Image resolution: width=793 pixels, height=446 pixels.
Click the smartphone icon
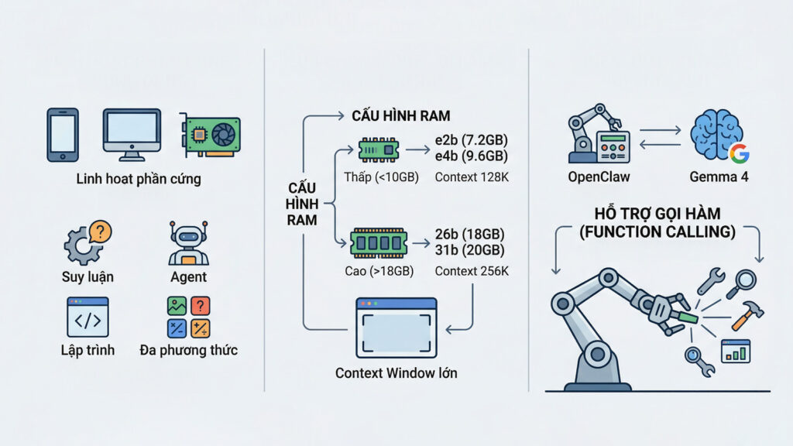click(63, 135)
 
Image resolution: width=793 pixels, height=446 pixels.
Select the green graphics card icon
click(211, 135)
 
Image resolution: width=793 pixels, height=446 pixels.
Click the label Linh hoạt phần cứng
click(139, 179)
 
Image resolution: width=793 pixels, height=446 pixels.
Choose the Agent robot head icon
click(188, 243)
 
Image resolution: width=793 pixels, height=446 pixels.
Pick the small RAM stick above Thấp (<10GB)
click(379, 147)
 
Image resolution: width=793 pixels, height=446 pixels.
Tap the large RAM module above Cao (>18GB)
click(378, 242)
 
